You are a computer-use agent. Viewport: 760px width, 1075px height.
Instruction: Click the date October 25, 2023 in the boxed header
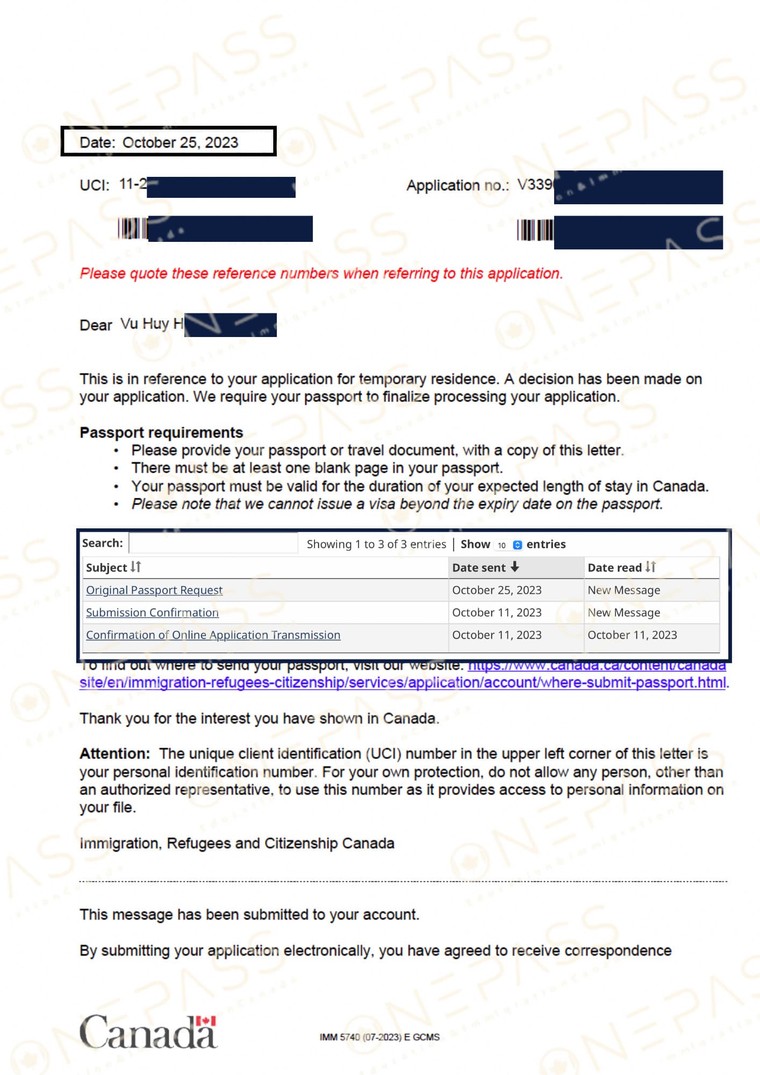click(x=180, y=142)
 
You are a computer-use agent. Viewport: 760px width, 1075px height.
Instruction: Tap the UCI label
click(x=94, y=185)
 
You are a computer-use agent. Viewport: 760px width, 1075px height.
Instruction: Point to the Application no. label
click(x=457, y=185)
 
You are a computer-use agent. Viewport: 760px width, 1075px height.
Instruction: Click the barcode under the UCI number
click(x=132, y=228)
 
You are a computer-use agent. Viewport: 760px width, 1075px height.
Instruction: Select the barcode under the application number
click(x=534, y=230)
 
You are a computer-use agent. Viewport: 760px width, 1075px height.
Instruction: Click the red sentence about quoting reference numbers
click(x=321, y=274)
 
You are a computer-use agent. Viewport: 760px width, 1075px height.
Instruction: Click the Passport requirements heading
click(x=161, y=433)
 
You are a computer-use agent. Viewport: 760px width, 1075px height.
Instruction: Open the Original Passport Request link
click(x=154, y=590)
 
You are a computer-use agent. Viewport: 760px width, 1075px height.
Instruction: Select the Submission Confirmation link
click(x=152, y=613)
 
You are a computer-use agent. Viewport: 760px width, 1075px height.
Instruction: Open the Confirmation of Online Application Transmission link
click(x=213, y=635)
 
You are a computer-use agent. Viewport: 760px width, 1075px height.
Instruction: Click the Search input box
click(x=213, y=543)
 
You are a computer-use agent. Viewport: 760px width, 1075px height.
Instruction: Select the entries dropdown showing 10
click(x=508, y=545)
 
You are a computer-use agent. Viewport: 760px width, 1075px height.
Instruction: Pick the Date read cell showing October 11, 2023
click(x=632, y=635)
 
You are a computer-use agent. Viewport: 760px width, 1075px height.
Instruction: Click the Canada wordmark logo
click(x=148, y=1032)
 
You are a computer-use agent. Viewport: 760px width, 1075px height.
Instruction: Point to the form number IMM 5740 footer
click(x=379, y=1037)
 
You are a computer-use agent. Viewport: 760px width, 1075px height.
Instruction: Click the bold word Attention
click(x=114, y=754)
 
